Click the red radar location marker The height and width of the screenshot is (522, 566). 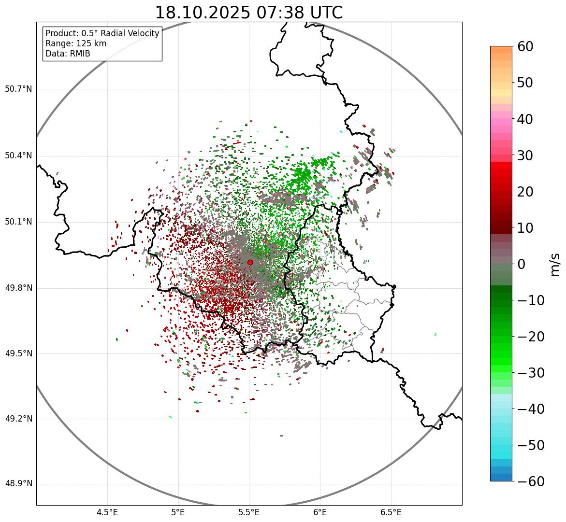250,262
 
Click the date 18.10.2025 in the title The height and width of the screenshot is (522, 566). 202,13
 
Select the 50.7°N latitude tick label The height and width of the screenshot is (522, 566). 18,89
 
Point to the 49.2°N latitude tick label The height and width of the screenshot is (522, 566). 18,419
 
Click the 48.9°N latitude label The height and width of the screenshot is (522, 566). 18,484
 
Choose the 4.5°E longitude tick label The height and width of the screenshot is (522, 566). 107,512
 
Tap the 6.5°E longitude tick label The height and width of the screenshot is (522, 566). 391,512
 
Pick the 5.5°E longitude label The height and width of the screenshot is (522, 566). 249,512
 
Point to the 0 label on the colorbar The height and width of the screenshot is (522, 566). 522,264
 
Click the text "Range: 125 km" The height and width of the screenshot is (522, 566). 76,43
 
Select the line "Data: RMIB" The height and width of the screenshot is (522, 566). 68,54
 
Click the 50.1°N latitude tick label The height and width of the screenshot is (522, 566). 18,222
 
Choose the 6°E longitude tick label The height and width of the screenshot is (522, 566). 320,512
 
